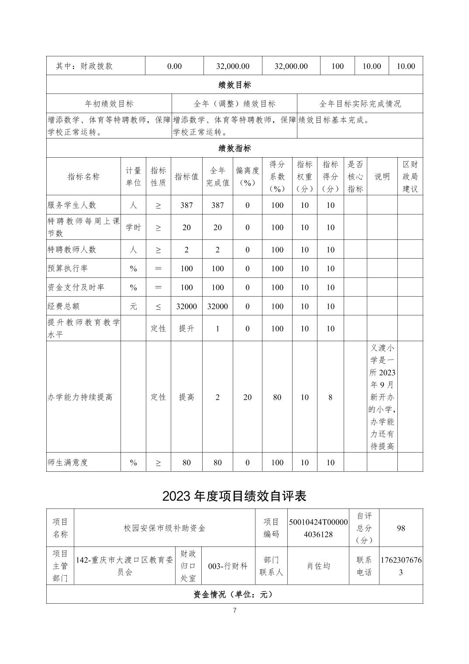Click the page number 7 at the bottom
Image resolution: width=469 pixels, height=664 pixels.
234,610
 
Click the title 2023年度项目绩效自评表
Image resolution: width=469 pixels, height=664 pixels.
234,496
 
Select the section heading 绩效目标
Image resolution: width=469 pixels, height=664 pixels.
234,85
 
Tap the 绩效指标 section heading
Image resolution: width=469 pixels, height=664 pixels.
234,148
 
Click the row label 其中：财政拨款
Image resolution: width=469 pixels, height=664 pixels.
84,66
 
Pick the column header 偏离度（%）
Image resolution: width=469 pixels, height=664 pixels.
247,176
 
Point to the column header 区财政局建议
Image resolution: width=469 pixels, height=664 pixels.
410,176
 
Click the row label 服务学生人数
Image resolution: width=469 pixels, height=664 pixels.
72,205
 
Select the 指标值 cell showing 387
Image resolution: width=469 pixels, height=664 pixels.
186,205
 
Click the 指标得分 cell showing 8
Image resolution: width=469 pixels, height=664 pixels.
330,397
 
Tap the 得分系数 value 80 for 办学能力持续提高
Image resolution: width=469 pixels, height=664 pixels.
277,397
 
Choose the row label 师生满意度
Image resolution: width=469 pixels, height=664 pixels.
68,462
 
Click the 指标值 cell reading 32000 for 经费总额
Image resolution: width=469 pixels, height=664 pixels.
186,306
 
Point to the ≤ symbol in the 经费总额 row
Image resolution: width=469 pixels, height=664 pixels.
158,306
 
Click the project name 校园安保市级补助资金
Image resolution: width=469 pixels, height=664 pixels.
165,528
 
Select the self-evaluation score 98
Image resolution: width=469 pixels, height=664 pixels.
401,528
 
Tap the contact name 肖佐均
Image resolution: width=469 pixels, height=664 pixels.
319,566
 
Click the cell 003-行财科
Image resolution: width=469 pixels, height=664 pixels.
228,566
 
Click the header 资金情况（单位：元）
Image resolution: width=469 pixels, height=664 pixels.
234,594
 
